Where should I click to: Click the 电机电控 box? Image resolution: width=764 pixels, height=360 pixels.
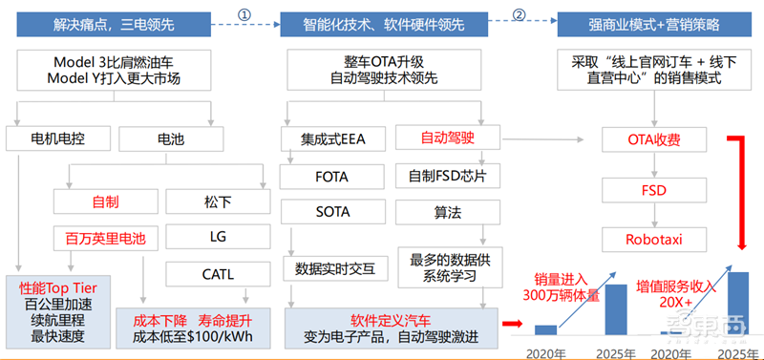coord(59,140)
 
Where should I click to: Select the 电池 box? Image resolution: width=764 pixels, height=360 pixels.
coord(170,140)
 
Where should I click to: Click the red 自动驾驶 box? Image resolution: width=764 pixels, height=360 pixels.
coord(447,139)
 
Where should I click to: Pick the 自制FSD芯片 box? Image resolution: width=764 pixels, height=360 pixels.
coord(447,176)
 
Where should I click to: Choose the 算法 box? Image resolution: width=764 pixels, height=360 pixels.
coord(447,212)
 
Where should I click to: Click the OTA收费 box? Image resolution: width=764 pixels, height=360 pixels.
coord(654,140)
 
